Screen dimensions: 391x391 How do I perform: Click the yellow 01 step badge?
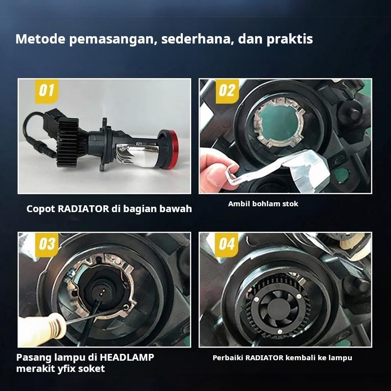46,91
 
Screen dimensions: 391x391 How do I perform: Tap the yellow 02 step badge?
227,91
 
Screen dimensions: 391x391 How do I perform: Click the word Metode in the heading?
41,39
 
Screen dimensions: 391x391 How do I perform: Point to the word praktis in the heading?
289,40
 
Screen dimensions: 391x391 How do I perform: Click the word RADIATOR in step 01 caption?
83,209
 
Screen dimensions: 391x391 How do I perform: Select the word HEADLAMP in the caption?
127,357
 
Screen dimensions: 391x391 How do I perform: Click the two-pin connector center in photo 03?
101,292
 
